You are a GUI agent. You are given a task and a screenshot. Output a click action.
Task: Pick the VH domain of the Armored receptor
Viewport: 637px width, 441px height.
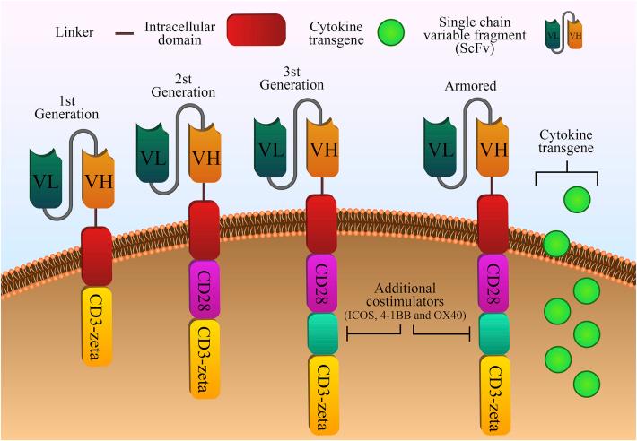tap(491, 149)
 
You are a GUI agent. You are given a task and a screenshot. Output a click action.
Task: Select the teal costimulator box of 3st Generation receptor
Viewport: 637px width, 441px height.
tap(321, 333)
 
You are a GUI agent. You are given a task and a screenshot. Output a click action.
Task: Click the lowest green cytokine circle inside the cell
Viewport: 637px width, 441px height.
tap(587, 381)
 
